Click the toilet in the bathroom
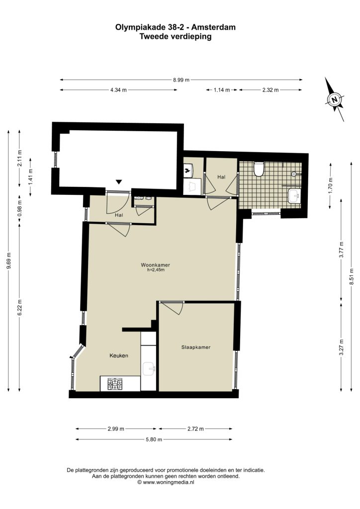click(x=259, y=169)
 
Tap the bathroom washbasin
click(x=294, y=195)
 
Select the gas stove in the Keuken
click(x=115, y=384)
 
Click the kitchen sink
click(x=149, y=369)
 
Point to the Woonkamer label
click(x=155, y=264)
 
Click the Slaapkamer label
click(x=196, y=347)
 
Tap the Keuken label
click(x=118, y=355)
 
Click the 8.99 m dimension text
click(x=181, y=80)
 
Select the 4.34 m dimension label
click(x=118, y=90)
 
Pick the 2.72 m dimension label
click(x=195, y=429)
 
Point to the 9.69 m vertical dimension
click(x=9, y=260)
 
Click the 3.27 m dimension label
click(x=341, y=347)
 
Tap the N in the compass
click(x=335, y=99)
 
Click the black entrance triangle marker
click(x=119, y=182)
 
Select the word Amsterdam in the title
click(x=216, y=27)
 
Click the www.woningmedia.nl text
click(x=169, y=482)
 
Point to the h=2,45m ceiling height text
click(x=155, y=269)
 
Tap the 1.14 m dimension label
click(x=222, y=90)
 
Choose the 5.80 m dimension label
click(x=154, y=439)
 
